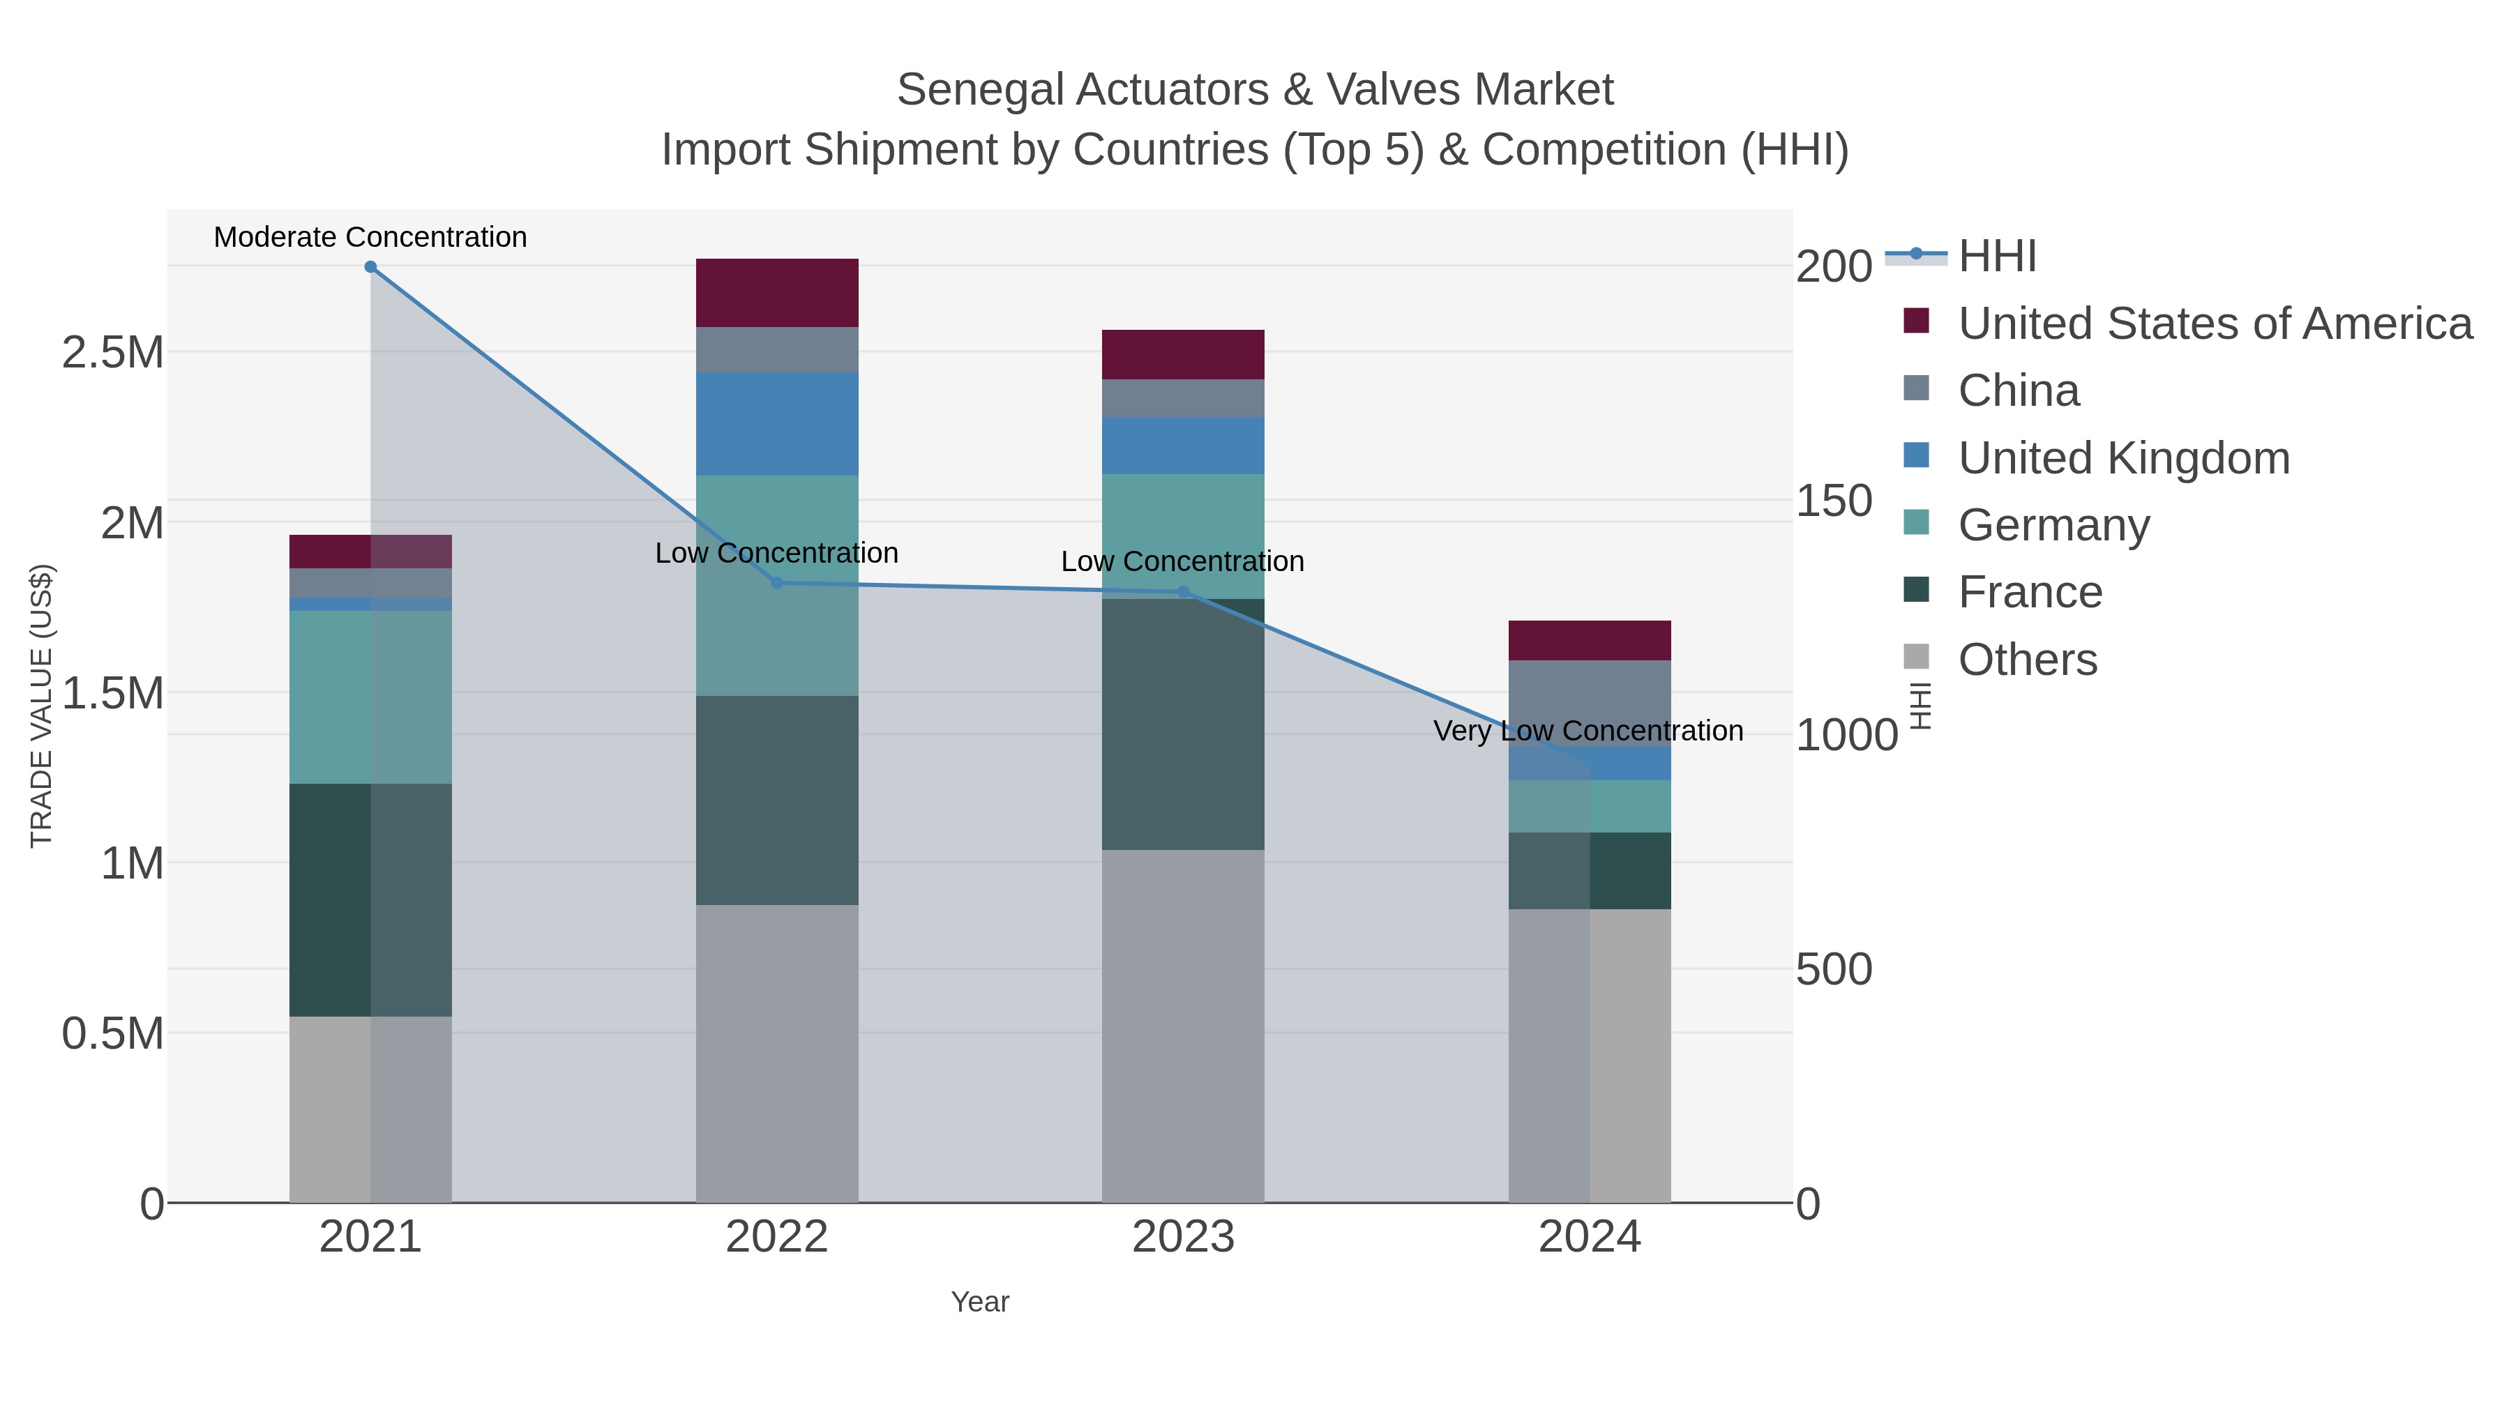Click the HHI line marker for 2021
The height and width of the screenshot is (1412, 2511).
point(370,267)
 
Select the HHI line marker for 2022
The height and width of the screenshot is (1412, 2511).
point(777,583)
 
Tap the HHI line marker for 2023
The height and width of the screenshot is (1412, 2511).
point(1184,591)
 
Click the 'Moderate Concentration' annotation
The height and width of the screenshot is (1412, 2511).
point(370,237)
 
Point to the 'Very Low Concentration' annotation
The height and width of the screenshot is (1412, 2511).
point(1588,731)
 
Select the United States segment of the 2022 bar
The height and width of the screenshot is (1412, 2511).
point(777,292)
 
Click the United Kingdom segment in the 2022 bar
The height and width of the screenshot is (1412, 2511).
point(777,424)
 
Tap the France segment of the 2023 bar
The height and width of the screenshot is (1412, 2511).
point(1184,724)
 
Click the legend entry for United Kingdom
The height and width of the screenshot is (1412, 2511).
point(2124,458)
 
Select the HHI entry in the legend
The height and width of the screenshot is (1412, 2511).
point(1996,257)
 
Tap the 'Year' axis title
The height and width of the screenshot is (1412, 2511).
point(980,1302)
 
